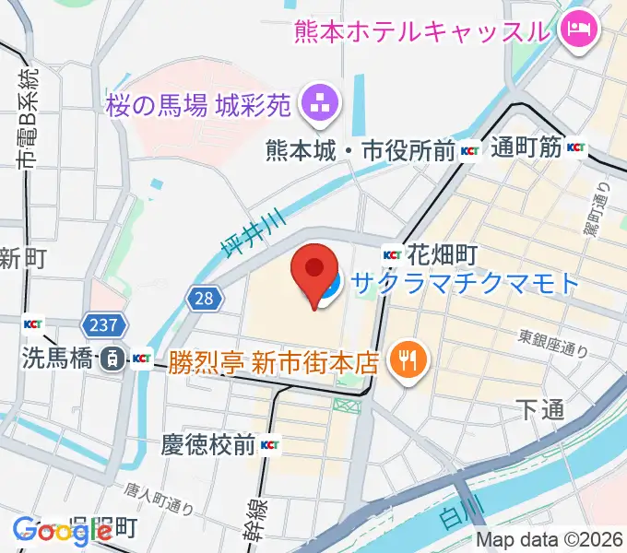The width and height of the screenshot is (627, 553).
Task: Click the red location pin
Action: click(313, 271)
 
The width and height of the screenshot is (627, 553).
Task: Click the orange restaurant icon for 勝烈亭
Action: click(405, 359)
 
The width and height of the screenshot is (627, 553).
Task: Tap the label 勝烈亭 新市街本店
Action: click(274, 359)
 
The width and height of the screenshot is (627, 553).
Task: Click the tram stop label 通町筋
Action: click(526, 147)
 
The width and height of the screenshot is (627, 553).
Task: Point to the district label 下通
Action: click(539, 410)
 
